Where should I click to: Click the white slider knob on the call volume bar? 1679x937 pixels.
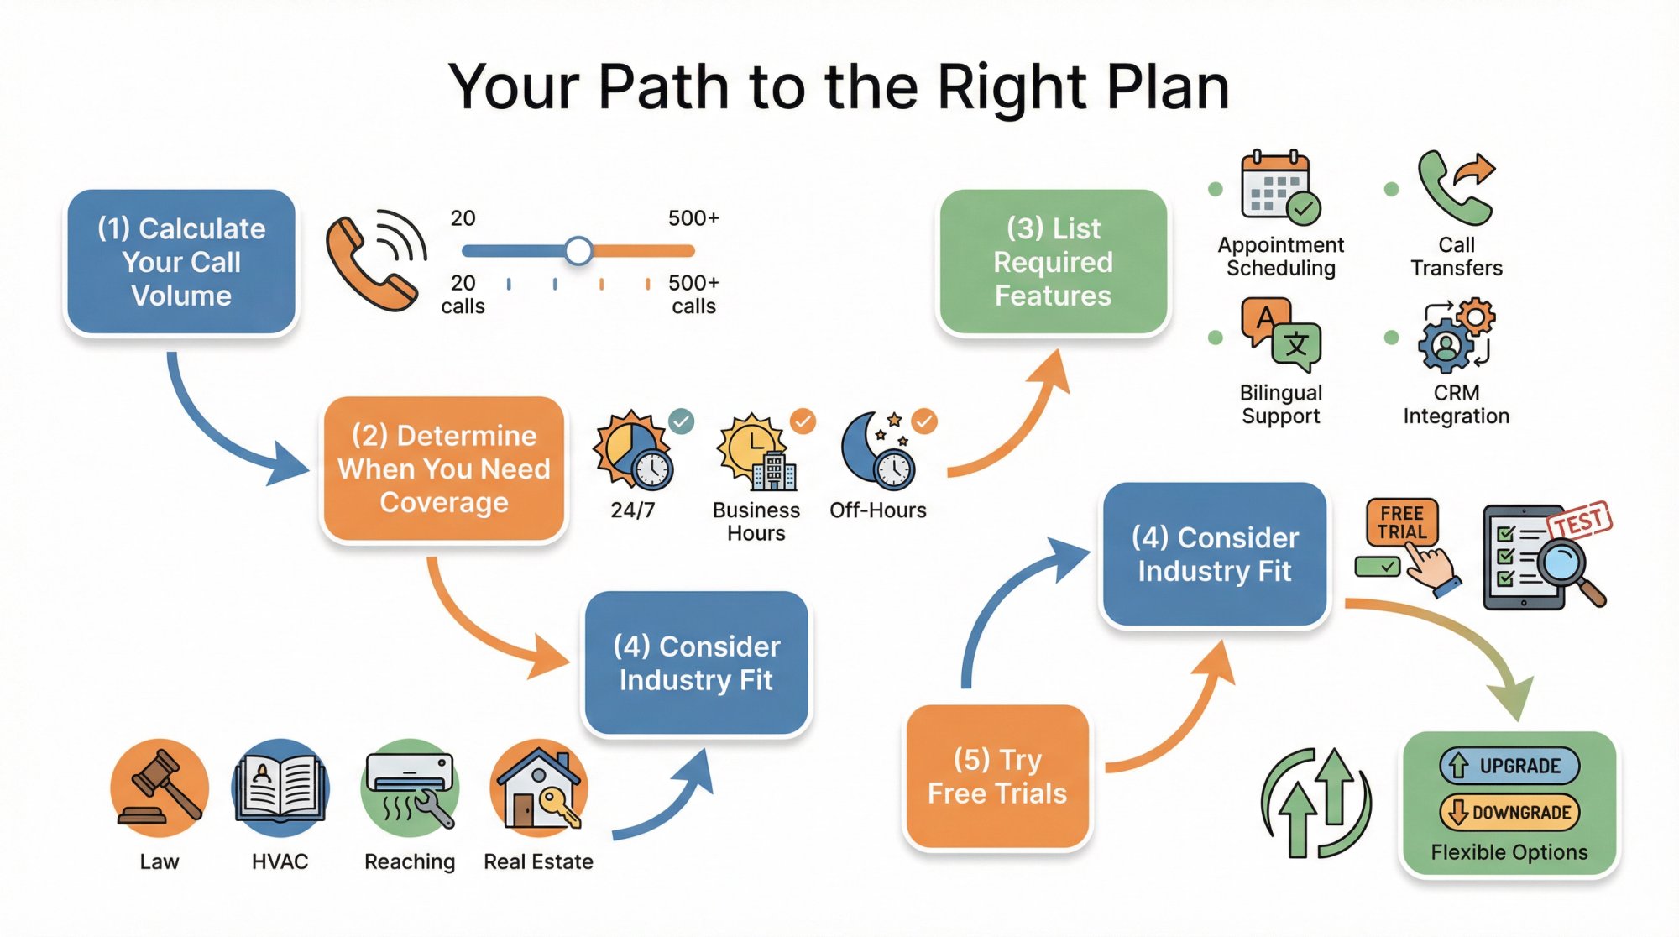coord(578,250)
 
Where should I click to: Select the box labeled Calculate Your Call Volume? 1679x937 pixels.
coord(181,262)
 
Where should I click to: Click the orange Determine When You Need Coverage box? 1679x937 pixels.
coord(443,468)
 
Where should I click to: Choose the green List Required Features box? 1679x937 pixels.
coord(1053,262)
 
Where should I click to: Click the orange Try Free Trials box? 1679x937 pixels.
coord(996,777)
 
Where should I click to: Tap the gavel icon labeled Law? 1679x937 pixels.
coord(160,788)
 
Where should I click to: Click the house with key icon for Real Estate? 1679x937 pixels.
coord(539,788)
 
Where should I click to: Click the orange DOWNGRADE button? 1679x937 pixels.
coord(1509,812)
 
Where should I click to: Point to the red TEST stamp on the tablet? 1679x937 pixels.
coord(1581,521)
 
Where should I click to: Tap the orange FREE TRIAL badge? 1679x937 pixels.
coord(1401,522)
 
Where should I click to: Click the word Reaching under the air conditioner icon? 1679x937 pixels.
coord(410,861)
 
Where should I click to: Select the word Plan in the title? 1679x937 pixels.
coord(1167,87)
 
